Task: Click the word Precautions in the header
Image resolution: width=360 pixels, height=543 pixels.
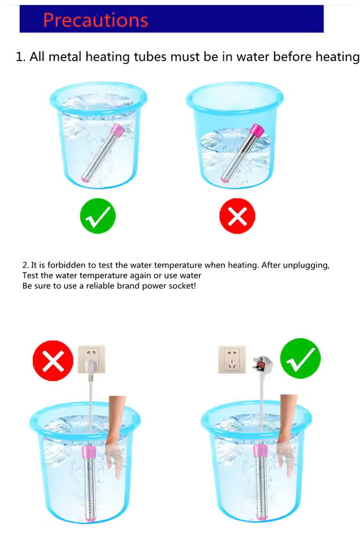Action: click(x=96, y=20)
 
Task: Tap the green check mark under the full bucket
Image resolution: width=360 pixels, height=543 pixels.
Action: click(x=98, y=216)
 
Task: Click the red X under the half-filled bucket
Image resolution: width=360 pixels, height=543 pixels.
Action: click(x=237, y=216)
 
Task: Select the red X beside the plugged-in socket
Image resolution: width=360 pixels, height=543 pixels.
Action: click(x=53, y=360)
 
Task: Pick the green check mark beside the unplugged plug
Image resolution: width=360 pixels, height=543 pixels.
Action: click(x=301, y=359)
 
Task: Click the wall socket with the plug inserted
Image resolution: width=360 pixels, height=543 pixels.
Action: click(x=92, y=359)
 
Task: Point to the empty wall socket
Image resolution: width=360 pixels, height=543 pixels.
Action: click(x=232, y=360)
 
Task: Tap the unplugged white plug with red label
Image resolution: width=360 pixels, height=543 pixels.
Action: click(x=263, y=365)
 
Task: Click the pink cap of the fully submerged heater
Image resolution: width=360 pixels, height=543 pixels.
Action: click(x=117, y=131)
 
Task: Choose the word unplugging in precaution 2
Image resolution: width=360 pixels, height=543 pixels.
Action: click(x=306, y=266)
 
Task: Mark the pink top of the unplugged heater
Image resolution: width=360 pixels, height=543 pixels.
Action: click(x=261, y=451)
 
